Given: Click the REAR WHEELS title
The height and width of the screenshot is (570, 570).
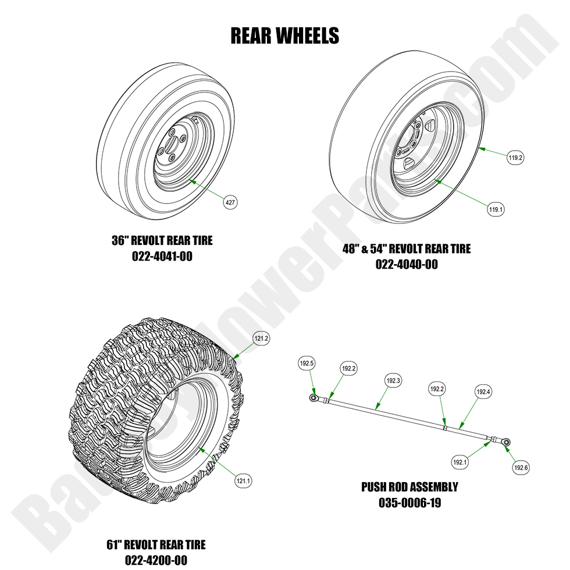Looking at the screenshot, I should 284,35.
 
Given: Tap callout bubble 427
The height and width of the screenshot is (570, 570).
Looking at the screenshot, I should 230,202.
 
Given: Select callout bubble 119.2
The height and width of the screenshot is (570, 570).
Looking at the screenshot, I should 515,157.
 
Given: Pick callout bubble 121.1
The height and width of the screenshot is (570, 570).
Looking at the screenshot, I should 243,480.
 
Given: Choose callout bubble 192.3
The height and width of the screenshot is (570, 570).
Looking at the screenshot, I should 393,381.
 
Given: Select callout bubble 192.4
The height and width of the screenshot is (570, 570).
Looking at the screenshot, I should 483,392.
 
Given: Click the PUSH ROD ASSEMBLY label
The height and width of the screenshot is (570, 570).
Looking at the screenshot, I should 409,487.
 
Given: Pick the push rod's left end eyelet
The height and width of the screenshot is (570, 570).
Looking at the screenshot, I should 313,398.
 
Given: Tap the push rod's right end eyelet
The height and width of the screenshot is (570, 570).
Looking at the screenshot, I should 507,443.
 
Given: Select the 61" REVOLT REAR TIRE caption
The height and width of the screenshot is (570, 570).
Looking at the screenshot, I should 156,545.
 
